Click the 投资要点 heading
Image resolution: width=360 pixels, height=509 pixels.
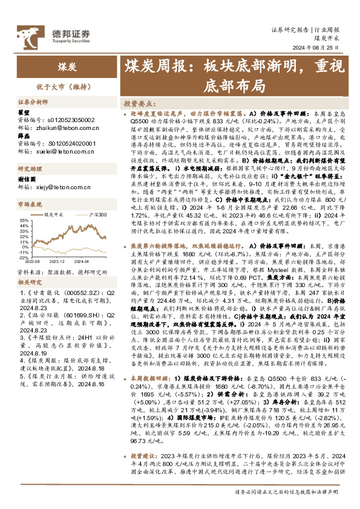click(x=139, y=103)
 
